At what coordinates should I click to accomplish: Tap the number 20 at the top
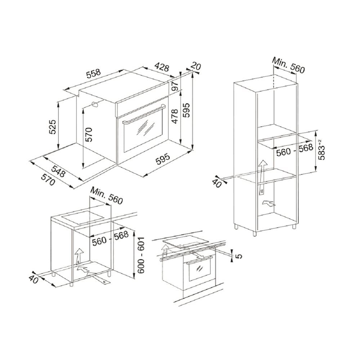coord(196,66)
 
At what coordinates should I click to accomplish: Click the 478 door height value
coord(175,116)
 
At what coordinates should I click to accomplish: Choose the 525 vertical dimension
coord(52,127)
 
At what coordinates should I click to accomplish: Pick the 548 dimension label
coord(58,171)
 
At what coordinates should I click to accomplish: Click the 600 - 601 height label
coord(141,255)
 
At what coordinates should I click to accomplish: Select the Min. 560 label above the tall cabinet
coord(288,65)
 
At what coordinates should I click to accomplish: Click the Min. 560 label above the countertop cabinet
coord(107,195)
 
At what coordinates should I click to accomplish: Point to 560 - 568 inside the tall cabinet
coord(295,150)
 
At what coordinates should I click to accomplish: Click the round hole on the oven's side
coord(95,104)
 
